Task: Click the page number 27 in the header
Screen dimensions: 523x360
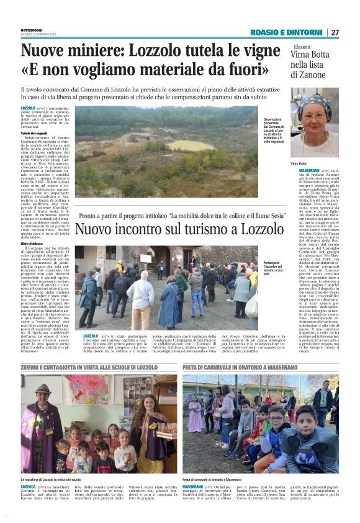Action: click(x=335, y=32)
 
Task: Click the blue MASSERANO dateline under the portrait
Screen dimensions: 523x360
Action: click(x=300, y=170)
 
